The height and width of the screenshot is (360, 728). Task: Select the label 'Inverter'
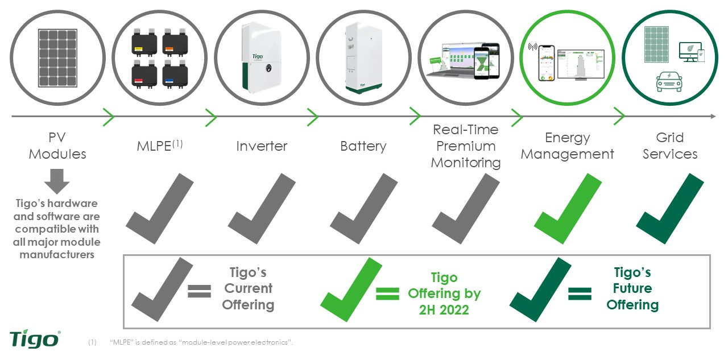pyautogui.click(x=262, y=146)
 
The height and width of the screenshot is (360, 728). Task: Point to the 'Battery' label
pyautogui.click(x=363, y=146)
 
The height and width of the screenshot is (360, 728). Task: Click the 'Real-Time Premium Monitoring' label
pyautogui.click(x=465, y=146)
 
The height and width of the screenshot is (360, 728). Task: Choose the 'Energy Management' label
pyautogui.click(x=568, y=146)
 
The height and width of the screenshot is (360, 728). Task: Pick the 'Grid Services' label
pyautogui.click(x=670, y=146)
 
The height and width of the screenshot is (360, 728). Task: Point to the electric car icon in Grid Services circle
pyautogui.click(x=669, y=81)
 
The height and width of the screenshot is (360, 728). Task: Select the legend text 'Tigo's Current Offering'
pyautogui.click(x=248, y=288)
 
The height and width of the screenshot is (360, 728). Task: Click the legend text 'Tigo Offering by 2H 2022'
pyautogui.click(x=444, y=293)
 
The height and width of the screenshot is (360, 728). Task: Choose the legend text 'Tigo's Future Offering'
pyautogui.click(x=632, y=288)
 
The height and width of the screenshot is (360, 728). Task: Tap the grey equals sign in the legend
pyautogui.click(x=199, y=292)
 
